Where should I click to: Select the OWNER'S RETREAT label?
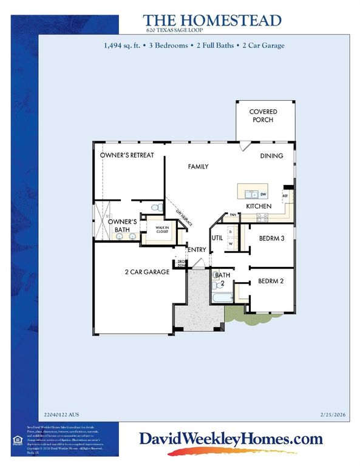point(127,155)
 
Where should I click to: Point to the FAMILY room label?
point(198,166)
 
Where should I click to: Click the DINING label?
point(271,156)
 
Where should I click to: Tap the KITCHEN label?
point(257,206)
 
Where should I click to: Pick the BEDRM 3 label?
point(271,238)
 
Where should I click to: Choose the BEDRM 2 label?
point(271,281)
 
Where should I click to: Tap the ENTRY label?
point(197,250)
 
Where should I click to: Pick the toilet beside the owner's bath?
point(156,208)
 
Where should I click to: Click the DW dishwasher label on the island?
point(263,194)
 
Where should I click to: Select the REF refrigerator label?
point(284,196)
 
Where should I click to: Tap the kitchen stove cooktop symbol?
point(263,216)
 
